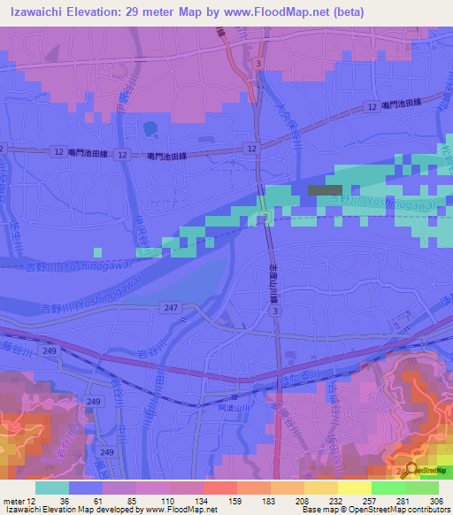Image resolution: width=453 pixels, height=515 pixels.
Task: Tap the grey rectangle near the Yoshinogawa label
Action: [324, 189]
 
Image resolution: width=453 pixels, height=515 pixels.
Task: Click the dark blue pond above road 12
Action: [150, 129]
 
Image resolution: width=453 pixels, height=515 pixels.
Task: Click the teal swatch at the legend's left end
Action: [51, 488]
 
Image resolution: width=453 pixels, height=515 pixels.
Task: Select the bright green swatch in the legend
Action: [388, 488]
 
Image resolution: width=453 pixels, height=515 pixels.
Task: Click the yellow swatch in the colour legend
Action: [354, 488]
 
